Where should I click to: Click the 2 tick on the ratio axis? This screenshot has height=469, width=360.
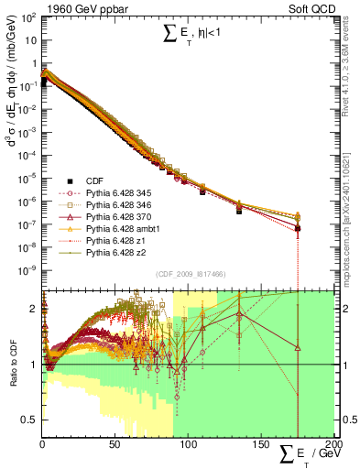tap(34, 308)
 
